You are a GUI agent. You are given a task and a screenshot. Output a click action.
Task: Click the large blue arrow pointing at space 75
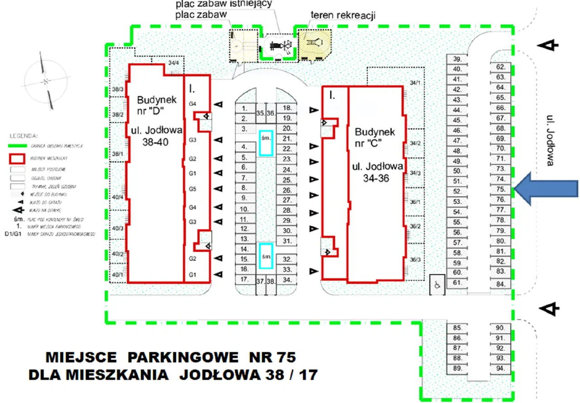tap(548, 189)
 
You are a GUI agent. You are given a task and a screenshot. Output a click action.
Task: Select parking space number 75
tap(501, 189)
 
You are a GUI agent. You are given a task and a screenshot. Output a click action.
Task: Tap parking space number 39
tap(458, 59)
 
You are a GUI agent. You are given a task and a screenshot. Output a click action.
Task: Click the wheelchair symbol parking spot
tap(437, 284)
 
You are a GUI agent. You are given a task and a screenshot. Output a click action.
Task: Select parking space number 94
tap(500, 368)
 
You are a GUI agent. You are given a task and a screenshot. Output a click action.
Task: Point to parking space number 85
tap(457, 328)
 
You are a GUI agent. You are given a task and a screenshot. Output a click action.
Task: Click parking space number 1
tap(244, 109)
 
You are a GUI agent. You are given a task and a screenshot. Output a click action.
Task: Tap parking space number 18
tap(286, 108)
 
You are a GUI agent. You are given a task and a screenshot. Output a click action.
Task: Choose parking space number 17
tap(244, 279)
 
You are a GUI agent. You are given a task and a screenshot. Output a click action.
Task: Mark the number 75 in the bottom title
tap(284, 358)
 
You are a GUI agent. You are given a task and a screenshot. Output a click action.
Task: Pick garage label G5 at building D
tap(193, 188)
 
